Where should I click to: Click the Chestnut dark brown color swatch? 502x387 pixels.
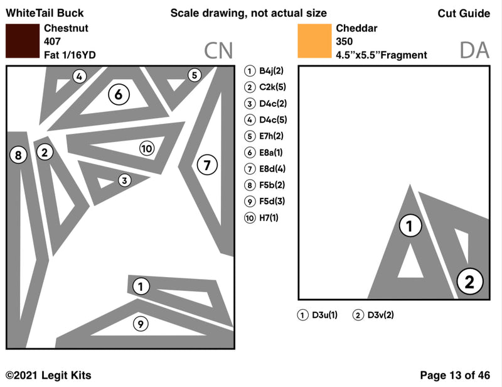point(22,41)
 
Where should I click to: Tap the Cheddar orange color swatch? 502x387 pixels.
point(314,41)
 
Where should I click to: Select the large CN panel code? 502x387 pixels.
point(218,50)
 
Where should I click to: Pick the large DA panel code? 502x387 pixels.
point(474,50)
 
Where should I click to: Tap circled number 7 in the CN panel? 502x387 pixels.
point(207,165)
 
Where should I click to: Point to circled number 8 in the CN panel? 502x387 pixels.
point(18,155)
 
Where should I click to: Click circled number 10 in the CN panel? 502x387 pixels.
point(146,148)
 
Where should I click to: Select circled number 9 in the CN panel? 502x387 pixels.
point(141,324)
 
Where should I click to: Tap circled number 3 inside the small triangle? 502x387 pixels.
point(124,181)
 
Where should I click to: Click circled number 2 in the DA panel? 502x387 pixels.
point(469,281)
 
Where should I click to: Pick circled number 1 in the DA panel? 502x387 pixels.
point(410,226)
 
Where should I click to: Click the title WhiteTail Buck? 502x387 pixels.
point(45,13)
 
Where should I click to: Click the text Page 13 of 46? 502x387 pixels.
point(454,375)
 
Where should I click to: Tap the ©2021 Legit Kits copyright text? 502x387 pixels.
point(48,375)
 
